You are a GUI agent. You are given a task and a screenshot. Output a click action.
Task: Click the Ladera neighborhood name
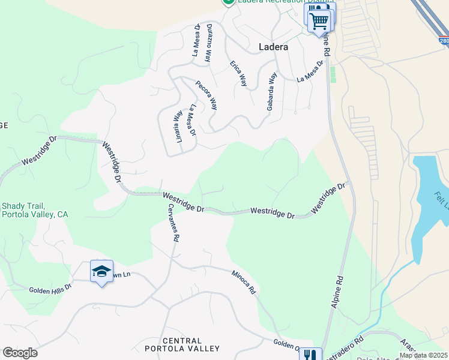pos(273,46)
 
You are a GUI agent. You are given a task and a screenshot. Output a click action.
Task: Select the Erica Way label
pos(238,73)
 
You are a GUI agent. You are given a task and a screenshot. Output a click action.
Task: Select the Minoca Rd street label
pos(244,282)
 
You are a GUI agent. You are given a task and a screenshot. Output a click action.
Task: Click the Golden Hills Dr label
pos(50,289)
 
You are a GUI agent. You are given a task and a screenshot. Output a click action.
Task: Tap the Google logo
pos(20,353)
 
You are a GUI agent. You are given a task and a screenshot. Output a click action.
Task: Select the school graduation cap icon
pos(101,271)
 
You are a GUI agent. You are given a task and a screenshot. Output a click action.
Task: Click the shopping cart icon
pos(319,20)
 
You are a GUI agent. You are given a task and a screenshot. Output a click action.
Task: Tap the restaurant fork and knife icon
pos(310,355)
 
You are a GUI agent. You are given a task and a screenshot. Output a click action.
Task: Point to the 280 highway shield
pos(443,41)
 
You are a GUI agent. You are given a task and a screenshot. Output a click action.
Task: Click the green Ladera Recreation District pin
pos(228,2)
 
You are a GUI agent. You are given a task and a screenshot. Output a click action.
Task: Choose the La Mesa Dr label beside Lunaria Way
pos(192,120)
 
